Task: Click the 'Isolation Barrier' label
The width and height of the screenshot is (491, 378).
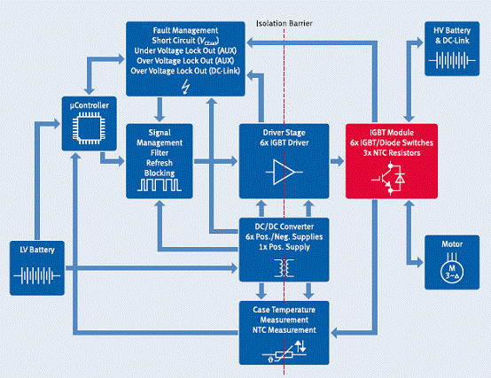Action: pos(284,23)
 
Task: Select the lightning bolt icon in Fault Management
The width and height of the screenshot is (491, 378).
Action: pos(186,87)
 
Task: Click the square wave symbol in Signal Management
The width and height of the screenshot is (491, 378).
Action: pos(159,185)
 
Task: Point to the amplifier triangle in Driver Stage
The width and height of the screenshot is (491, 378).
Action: pos(284,172)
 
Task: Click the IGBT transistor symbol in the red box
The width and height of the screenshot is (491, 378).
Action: pos(388,179)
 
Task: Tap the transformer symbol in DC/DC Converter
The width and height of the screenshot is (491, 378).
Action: pos(284,268)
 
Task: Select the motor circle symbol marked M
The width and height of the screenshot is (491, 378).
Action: pos(452,271)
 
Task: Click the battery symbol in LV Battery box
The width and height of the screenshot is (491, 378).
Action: pos(37,276)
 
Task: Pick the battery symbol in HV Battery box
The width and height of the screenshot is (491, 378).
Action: pos(452,60)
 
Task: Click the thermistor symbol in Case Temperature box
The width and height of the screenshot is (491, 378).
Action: pos(284,351)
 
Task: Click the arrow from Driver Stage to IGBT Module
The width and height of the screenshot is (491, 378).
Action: pos(337,161)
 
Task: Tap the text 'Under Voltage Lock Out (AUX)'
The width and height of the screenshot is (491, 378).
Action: pos(185,50)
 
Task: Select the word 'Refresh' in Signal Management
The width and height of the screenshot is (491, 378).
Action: pos(160,163)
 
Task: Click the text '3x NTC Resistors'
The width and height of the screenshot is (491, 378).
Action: pos(392,153)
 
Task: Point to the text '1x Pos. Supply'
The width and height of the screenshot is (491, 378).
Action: pos(284,247)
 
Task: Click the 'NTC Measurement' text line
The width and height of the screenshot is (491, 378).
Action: pos(284,330)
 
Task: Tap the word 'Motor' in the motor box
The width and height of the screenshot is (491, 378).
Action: pos(452,243)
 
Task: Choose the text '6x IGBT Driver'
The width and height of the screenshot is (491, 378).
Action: pos(284,143)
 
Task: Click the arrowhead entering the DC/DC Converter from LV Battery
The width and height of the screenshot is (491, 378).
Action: pos(234,268)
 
